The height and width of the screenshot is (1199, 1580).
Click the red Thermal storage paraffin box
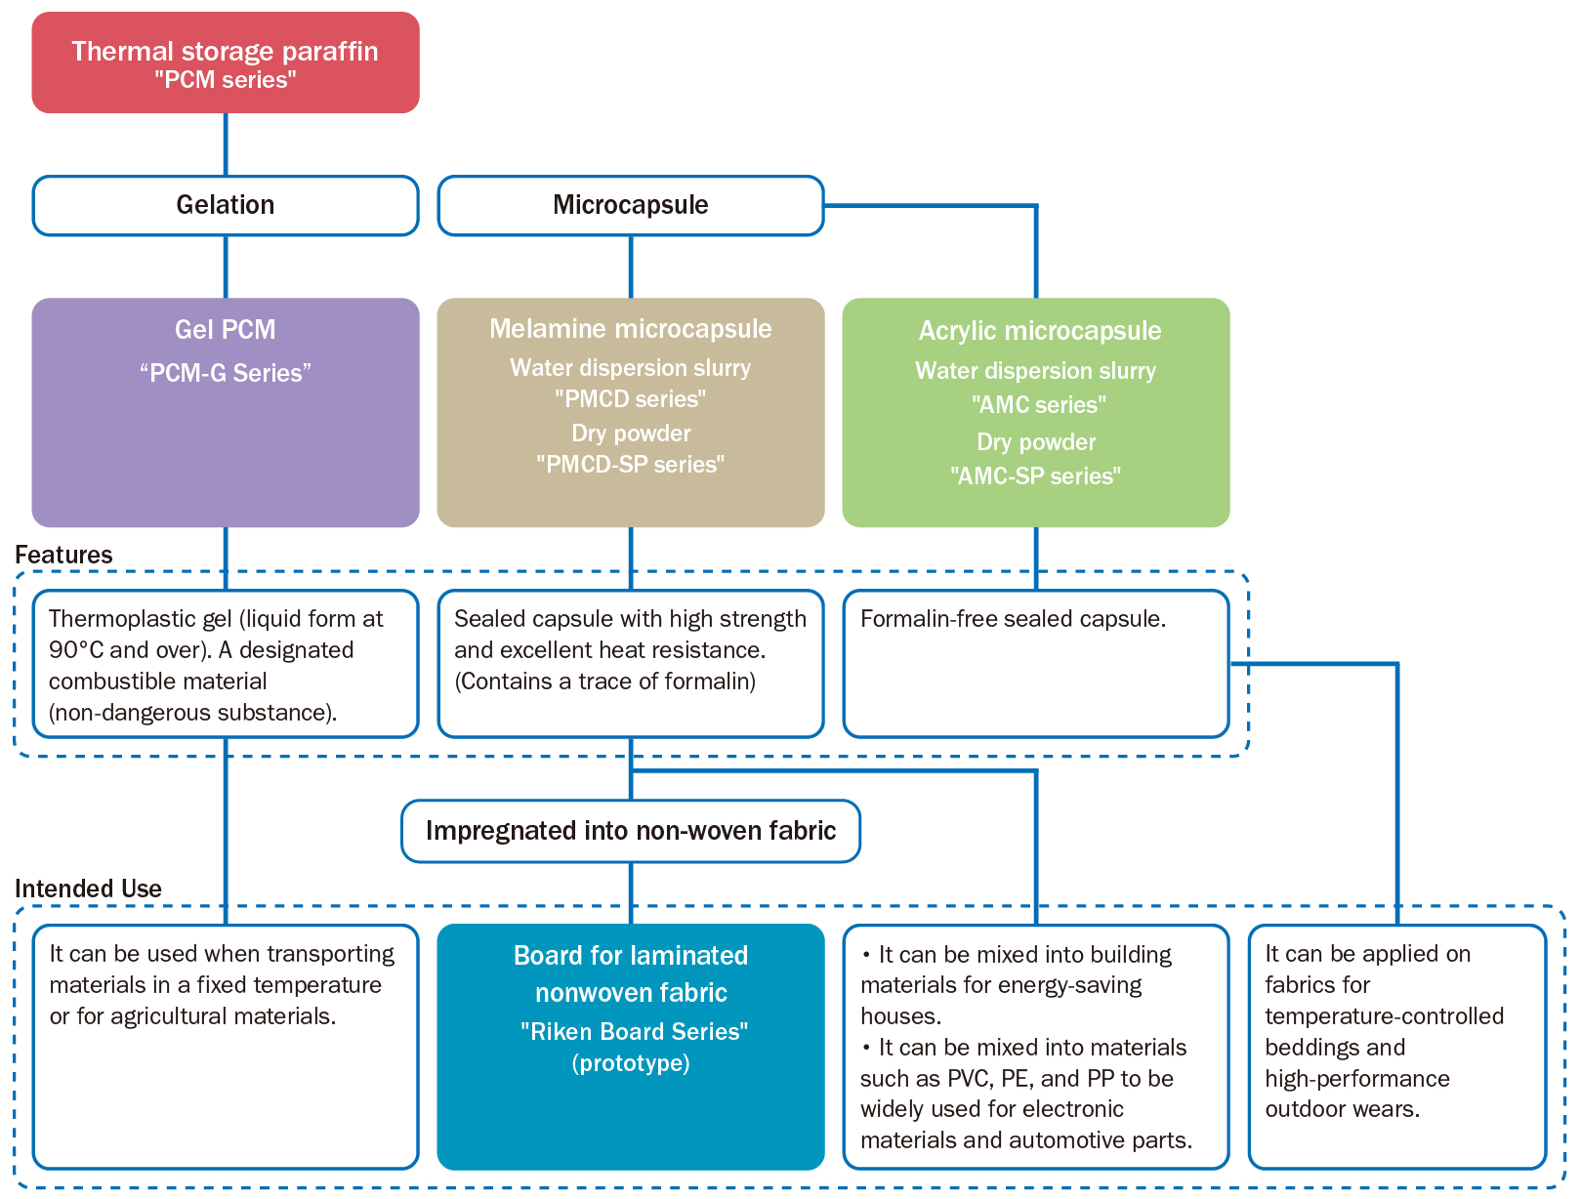[x=226, y=62]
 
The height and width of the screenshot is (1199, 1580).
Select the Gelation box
[x=226, y=206]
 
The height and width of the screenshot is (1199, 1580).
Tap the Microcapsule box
[x=631, y=206]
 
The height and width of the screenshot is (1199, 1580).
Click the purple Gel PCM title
[x=226, y=330]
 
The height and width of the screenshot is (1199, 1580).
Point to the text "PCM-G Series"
[x=226, y=373]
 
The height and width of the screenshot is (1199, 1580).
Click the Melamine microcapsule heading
[x=631, y=329]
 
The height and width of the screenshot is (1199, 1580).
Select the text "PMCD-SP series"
[x=631, y=464]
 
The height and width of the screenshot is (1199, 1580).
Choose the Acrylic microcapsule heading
[x=1039, y=331]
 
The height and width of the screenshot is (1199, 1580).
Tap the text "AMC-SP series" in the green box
[x=1036, y=475]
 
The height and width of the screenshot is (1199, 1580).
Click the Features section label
[x=63, y=555]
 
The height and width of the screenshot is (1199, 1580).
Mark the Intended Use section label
[x=88, y=889]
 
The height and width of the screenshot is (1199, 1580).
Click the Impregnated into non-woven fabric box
[x=631, y=831]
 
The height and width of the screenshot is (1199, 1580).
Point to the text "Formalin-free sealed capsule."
[x=1013, y=619]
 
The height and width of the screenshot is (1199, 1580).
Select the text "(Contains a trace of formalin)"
[x=604, y=682]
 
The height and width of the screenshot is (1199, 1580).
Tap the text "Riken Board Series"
[x=634, y=1031]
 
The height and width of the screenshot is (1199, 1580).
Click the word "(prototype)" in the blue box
[x=631, y=1063]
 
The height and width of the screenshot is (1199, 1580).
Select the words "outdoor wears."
[x=1343, y=1109]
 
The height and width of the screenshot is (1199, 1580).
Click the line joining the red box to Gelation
[x=226, y=145]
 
